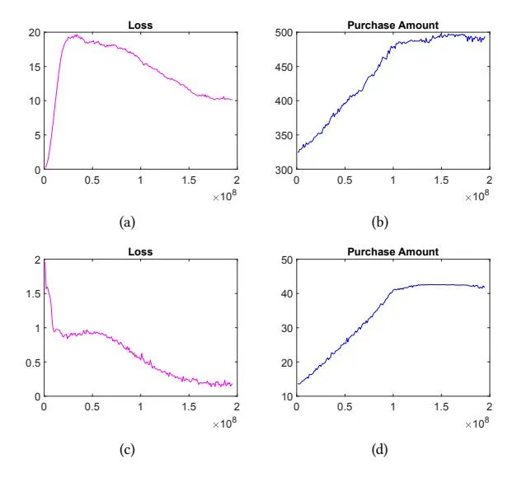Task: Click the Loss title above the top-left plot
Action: click(x=140, y=26)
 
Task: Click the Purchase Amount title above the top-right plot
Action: click(x=392, y=26)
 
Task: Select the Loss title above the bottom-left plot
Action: click(x=140, y=252)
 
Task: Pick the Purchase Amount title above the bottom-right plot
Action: click(x=392, y=252)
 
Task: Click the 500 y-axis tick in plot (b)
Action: click(x=283, y=33)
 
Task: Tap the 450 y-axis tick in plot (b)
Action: click(x=283, y=67)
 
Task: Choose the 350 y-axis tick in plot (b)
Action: click(x=283, y=135)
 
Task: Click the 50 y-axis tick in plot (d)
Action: click(x=285, y=260)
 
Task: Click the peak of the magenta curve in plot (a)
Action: click(x=75, y=35)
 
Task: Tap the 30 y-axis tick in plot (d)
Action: click(x=285, y=328)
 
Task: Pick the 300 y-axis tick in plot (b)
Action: click(x=283, y=169)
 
